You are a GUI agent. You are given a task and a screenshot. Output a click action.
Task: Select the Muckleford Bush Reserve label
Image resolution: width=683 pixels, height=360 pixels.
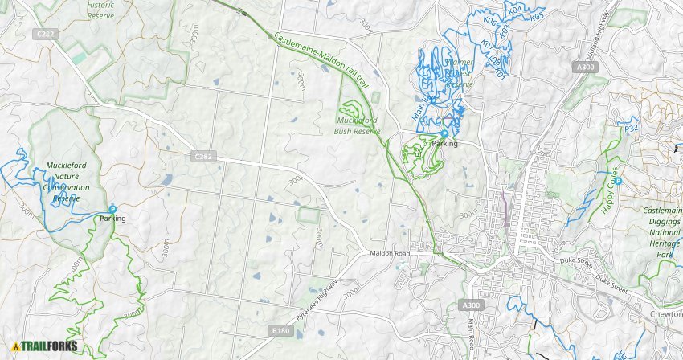356,126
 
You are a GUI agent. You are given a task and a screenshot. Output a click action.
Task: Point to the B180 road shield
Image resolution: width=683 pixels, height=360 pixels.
280,330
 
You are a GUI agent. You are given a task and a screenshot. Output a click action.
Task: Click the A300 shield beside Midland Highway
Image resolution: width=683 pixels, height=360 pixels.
587,68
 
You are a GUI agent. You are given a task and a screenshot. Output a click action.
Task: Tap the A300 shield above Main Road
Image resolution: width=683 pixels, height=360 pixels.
472,305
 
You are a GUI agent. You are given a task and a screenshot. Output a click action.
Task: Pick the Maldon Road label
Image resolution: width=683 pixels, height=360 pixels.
390,254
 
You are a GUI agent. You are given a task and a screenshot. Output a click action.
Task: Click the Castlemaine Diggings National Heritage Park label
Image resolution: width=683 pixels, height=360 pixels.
656,231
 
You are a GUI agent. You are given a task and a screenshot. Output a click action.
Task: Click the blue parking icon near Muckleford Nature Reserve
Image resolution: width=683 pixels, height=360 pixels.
112,209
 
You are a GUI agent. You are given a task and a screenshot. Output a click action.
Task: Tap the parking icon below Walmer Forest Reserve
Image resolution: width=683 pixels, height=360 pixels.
444,133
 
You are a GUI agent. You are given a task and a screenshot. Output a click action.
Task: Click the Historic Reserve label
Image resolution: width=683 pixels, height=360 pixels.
100,9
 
